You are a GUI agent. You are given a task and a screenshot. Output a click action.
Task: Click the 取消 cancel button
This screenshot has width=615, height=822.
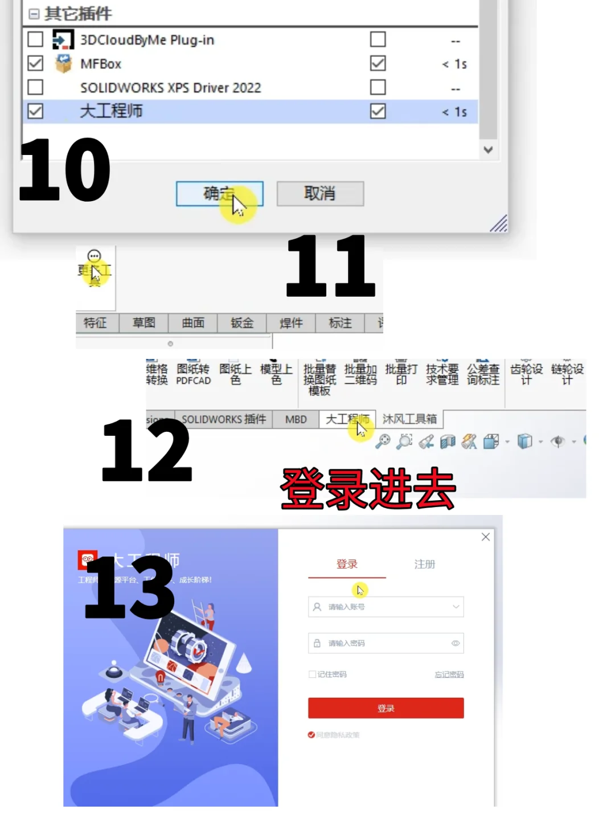tap(320, 194)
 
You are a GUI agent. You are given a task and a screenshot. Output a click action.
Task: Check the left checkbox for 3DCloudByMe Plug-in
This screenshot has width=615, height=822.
tap(35, 39)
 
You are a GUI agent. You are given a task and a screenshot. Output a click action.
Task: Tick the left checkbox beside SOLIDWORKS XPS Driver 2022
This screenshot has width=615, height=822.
tap(35, 87)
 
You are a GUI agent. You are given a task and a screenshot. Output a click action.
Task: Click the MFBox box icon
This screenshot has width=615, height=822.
tap(63, 63)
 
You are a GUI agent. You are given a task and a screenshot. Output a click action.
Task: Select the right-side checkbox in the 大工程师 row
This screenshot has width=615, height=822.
tap(378, 111)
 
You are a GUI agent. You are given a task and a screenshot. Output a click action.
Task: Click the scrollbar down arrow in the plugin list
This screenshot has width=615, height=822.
tap(488, 150)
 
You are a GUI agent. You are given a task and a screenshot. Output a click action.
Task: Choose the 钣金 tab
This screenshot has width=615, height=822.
tap(242, 323)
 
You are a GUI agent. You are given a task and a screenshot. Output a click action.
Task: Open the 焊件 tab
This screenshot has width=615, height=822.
tap(291, 323)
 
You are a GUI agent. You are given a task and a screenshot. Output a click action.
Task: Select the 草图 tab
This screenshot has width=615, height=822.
tap(143, 323)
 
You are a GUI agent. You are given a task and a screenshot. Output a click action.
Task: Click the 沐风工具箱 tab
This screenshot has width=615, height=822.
tap(409, 419)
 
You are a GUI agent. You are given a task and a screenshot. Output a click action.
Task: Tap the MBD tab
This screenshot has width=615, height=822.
tap(296, 419)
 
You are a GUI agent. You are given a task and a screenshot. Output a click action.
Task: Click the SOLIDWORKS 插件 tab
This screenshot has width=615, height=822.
tap(223, 419)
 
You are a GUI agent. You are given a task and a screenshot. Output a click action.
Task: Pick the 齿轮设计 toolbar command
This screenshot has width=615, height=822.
tap(526, 374)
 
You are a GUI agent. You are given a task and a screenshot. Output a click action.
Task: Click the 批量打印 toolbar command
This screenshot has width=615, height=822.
tap(401, 374)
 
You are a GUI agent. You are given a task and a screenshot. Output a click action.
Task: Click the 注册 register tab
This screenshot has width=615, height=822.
tap(424, 564)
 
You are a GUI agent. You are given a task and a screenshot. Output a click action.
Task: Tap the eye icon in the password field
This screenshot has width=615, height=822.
tap(456, 643)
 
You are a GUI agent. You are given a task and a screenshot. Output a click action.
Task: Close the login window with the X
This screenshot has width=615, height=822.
tap(486, 537)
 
